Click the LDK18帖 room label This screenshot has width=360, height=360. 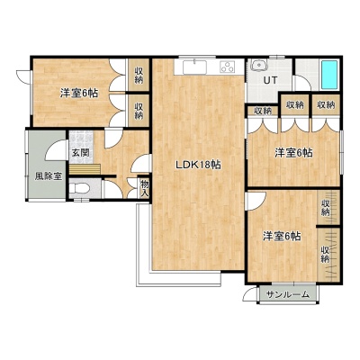tap(198, 165)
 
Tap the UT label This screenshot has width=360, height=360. tap(270, 80)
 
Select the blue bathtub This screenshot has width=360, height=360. tap(329, 75)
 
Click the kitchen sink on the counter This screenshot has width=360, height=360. tap(194, 67)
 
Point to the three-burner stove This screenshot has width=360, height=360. tap(228, 67)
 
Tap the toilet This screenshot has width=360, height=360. tap(79, 188)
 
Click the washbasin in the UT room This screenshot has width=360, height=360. tap(258, 65)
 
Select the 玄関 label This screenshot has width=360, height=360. tap(80, 153)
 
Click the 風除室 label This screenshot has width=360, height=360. tap(49, 176)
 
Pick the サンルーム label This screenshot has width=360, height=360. tap(287, 294)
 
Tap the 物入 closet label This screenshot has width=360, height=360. tap(145, 189)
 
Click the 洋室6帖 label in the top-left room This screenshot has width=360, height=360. tap(79, 94)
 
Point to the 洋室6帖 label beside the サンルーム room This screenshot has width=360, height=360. tap(282, 237)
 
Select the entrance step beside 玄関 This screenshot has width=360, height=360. tap(85, 169)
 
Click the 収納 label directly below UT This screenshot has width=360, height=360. tap(263, 111)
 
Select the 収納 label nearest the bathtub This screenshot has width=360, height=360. tap(326, 105)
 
